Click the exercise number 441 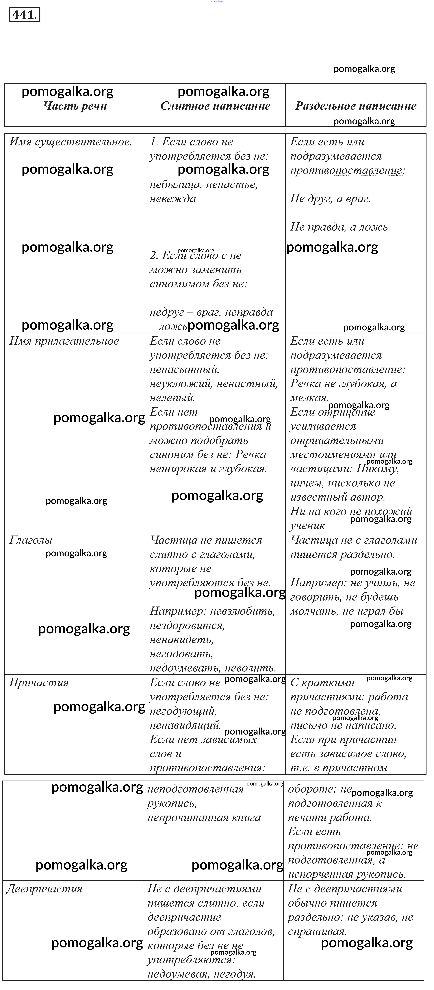[x=24, y=15]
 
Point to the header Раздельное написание [x=356, y=106]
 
